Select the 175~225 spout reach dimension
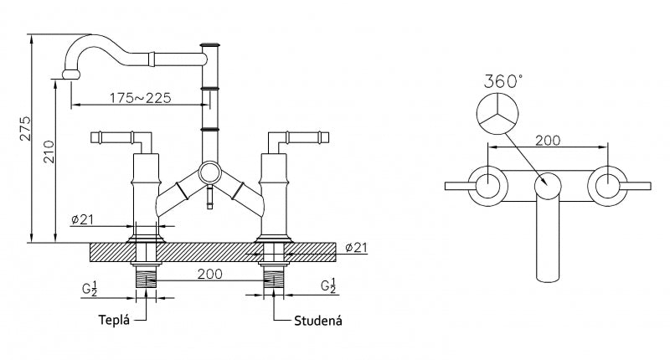[140, 98]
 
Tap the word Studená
[317, 320]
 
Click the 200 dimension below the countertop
[210, 274]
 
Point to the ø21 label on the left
[86, 219]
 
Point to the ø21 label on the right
[356, 247]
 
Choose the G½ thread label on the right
[329, 287]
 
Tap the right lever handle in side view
[298, 136]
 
